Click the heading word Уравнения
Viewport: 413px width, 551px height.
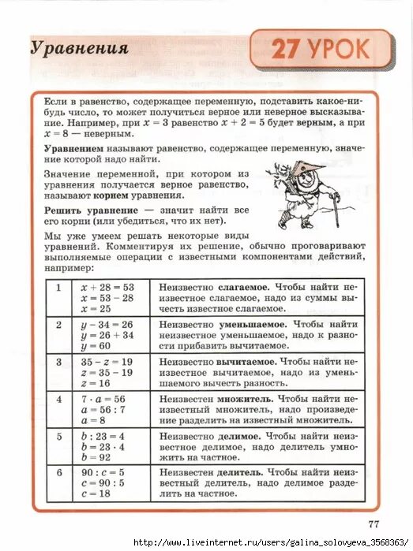80,48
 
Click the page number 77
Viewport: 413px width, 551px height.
374,523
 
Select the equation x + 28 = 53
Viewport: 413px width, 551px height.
107,288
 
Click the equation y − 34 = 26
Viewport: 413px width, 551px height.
107,325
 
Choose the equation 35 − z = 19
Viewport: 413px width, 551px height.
107,362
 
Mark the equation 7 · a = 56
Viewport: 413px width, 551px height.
103,399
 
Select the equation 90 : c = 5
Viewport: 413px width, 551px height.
103,473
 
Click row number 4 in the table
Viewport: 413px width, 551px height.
58,399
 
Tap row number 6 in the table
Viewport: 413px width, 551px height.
58,473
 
